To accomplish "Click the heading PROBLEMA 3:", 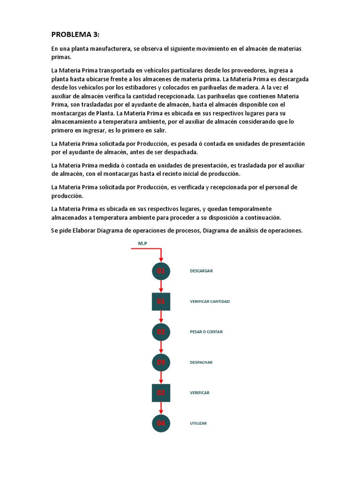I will [75, 35].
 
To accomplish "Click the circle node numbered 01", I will [161, 271].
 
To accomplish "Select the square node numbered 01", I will [161, 301].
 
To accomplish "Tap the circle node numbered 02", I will [161, 332].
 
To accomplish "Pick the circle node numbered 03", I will [161, 362].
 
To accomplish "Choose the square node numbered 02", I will [161, 393].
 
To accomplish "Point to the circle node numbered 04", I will [161, 423].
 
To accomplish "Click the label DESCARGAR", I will [202, 271].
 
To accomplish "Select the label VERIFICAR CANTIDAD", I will [210, 301].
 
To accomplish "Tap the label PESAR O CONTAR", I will [206, 332].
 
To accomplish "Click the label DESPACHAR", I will [201, 362].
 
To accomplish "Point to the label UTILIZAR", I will [198, 423].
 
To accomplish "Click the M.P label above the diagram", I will [142, 243].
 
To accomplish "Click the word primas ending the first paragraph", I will [61, 57].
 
